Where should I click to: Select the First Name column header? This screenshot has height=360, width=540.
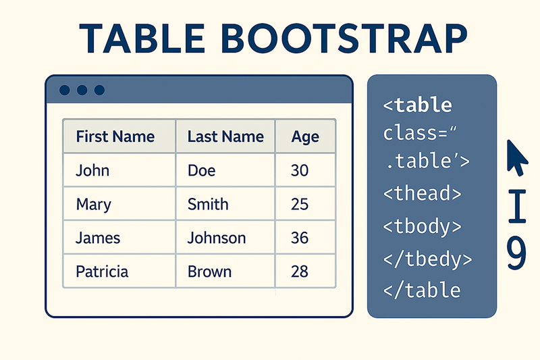[x=115, y=137]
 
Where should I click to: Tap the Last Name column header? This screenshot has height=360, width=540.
[x=225, y=137]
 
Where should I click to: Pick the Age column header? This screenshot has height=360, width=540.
[x=305, y=137]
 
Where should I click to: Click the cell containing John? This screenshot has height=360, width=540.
[x=92, y=170]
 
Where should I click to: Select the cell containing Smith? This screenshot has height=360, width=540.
[x=208, y=204]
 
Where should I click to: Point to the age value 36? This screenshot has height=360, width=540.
[x=299, y=238]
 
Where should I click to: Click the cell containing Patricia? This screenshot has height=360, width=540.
[x=102, y=272]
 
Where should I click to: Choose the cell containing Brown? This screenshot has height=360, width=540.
[x=209, y=272]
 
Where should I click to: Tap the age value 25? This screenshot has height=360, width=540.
[x=299, y=204]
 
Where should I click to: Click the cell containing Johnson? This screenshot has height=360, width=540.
[x=217, y=238]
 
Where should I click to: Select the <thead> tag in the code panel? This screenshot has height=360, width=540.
[x=422, y=193]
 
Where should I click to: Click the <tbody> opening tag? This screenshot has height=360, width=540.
[x=422, y=226]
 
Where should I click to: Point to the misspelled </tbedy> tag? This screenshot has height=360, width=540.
[x=427, y=258]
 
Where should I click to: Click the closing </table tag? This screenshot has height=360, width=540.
[x=422, y=290]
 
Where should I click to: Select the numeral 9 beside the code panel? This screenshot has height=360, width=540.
[x=516, y=255]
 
